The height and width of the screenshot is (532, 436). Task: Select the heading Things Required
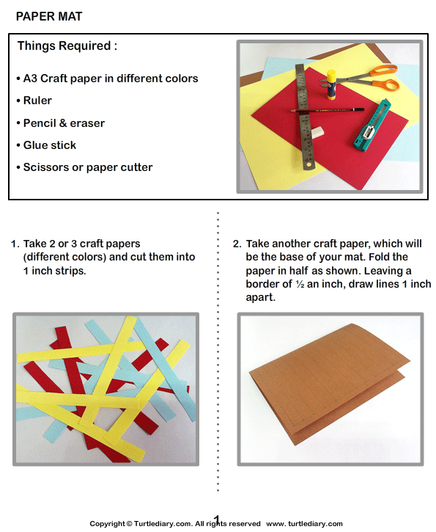tap(67, 46)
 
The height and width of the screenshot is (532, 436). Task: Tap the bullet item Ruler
tap(37, 101)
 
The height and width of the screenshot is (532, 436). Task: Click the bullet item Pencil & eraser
tap(64, 123)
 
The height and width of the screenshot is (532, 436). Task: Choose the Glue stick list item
tap(49, 145)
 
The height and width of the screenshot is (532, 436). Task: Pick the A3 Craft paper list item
tap(111, 79)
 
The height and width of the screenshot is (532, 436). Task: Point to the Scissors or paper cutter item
tap(87, 167)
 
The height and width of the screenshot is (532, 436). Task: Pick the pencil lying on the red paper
tap(322, 111)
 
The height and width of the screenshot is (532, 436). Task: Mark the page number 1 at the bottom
tap(217, 519)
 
